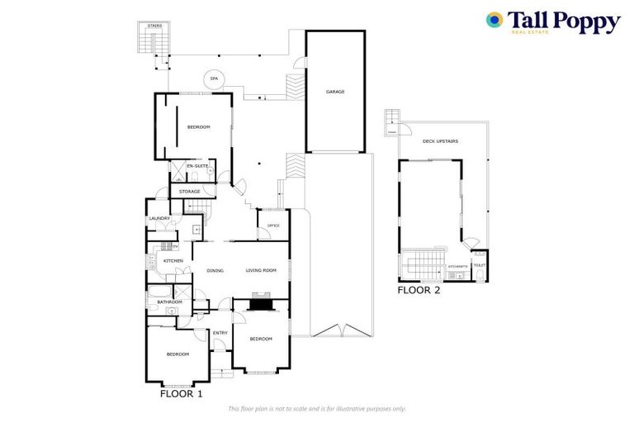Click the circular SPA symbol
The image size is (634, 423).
click(214, 78)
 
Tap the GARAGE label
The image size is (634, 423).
click(335, 92)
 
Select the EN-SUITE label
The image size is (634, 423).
click(196, 166)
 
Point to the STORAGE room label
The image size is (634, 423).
click(190, 192)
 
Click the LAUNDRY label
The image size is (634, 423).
click(159, 218)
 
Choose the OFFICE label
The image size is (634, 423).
click(273, 226)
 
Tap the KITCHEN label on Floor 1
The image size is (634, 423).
click(173, 261)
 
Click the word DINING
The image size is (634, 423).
click(215, 271)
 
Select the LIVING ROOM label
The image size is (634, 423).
click(261, 271)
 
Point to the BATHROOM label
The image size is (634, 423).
click(169, 302)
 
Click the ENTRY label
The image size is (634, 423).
click(220, 333)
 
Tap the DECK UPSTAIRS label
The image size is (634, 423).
click(440, 141)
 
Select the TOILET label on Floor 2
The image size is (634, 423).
click(479, 266)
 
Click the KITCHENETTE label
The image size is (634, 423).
click(458, 267)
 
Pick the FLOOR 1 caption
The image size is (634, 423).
click(181, 394)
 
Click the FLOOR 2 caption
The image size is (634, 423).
click(419, 290)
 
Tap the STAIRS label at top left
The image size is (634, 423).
click(154, 26)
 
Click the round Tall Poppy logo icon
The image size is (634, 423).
click(494, 20)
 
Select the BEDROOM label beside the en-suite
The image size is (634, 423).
click(198, 126)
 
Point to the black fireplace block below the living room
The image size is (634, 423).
click(262, 304)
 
